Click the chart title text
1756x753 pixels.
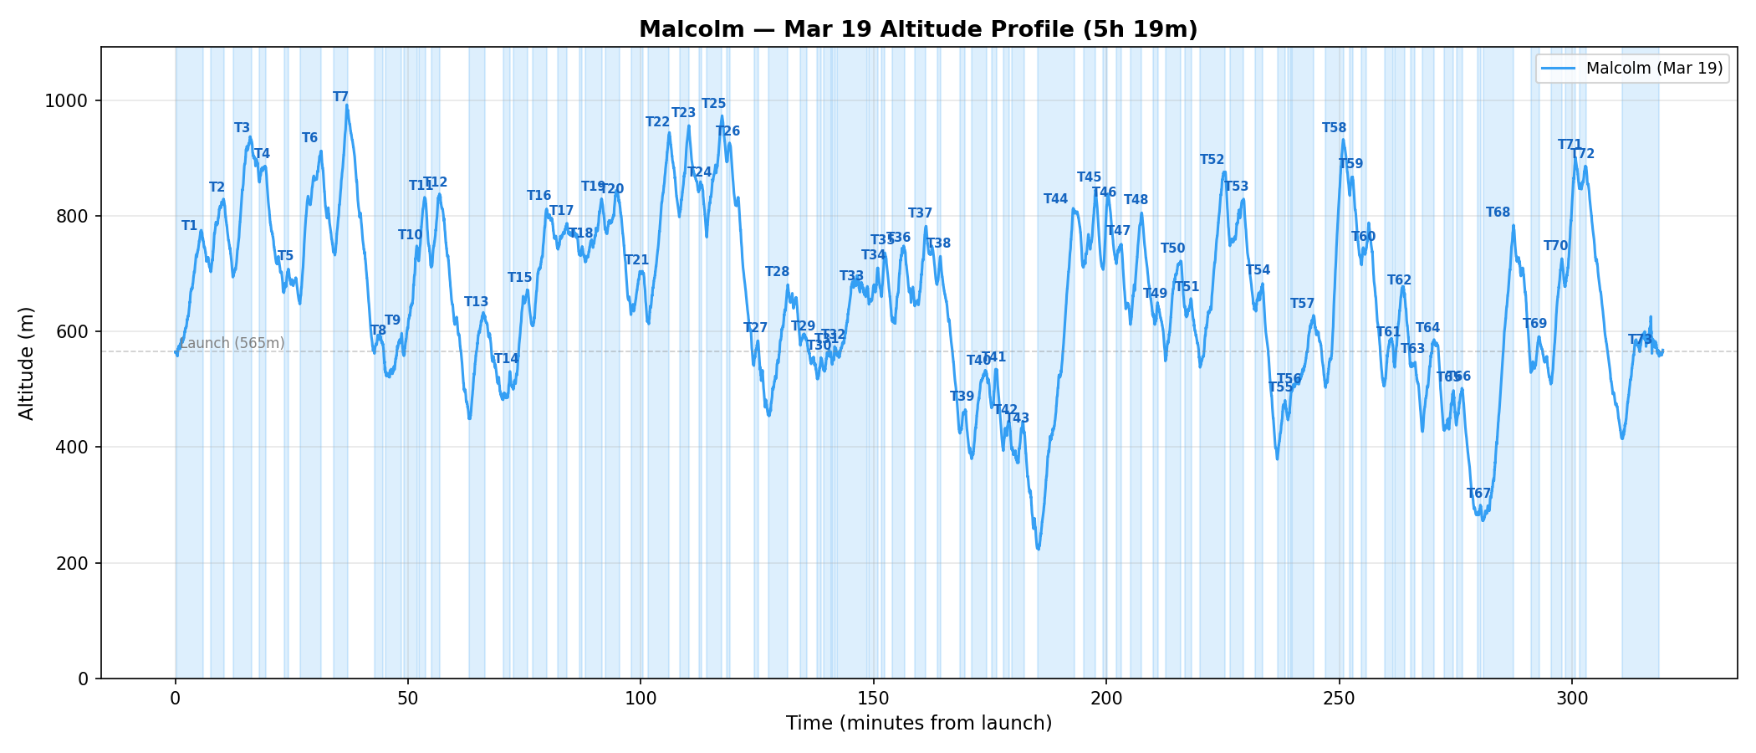coord(918,30)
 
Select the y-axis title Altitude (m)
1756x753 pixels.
coord(27,362)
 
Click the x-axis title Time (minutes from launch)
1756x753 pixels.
coord(918,724)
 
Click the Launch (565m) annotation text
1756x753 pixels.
coord(232,343)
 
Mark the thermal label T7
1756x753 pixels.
coord(340,97)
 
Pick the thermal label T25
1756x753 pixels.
coord(713,104)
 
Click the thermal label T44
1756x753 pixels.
coord(1055,199)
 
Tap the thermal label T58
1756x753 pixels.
coord(1334,128)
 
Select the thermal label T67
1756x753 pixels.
coord(1478,494)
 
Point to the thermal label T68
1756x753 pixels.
coord(1498,213)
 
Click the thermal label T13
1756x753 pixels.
coord(476,302)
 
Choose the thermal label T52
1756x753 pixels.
coord(1212,160)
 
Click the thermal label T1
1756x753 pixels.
coord(189,226)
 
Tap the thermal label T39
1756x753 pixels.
coord(962,397)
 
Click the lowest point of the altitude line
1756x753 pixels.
coord(1038,549)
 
